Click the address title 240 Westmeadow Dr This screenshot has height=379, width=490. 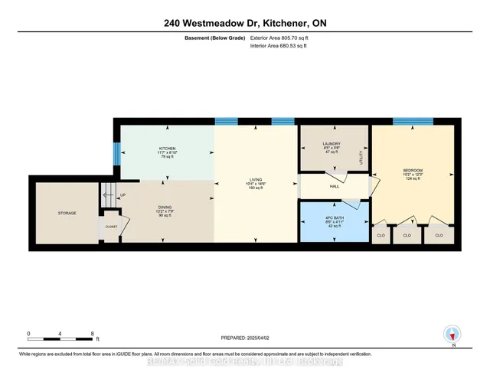click(x=244, y=23)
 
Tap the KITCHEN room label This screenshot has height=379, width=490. click(x=168, y=149)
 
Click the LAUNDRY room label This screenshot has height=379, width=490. click(x=331, y=144)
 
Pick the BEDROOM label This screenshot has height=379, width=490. click(x=413, y=170)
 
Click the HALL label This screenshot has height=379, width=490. click(x=333, y=185)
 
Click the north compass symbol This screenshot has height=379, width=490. click(x=452, y=334)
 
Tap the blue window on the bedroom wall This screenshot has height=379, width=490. click(x=413, y=121)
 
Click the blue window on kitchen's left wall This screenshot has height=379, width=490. click(x=117, y=153)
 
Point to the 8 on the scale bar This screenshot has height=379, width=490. click(x=92, y=333)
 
